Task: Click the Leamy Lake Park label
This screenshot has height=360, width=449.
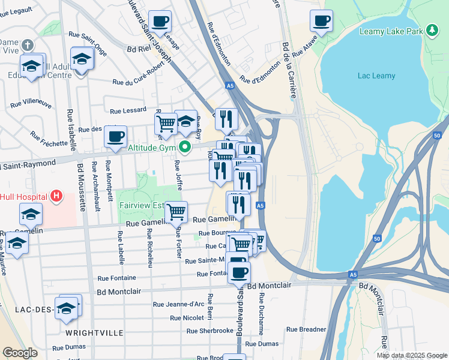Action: coord(391,31)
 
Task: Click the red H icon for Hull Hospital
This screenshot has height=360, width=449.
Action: coord(56,196)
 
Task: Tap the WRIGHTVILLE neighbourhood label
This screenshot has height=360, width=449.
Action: coord(95,332)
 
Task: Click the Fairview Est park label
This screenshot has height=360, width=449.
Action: coord(141,205)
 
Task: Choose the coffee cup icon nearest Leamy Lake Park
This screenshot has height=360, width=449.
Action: coord(321,21)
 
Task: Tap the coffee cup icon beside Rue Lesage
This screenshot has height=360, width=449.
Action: coord(160,21)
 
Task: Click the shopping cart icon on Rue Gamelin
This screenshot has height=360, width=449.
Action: coord(176,211)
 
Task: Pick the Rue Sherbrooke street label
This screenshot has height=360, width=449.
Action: coord(209,331)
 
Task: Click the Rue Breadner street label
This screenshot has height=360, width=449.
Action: coord(306,329)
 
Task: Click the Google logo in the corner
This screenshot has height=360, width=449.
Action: coord(20,353)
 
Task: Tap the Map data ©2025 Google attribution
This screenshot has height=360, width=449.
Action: coord(411,355)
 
